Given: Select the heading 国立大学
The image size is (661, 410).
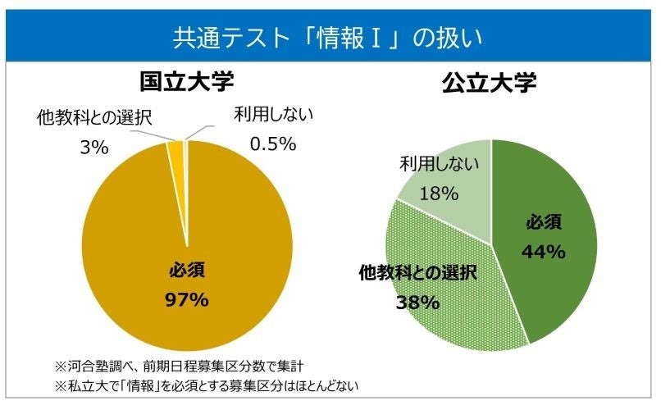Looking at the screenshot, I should coord(187,82).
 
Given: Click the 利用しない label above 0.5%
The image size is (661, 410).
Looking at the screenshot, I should coord(274,114).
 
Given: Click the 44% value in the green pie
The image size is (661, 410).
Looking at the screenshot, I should coord(544,252).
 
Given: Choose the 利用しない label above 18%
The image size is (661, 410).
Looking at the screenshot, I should coord(439,165).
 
